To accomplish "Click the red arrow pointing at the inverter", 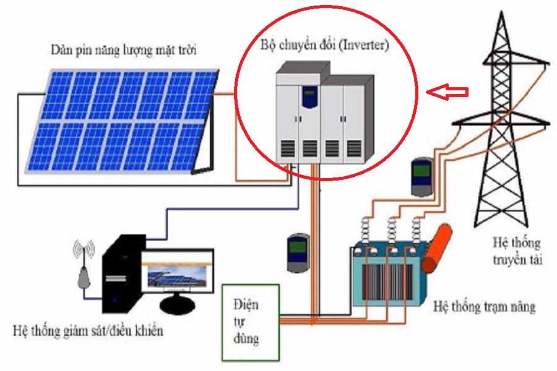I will (449, 92).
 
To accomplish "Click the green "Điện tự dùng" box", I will (250, 322).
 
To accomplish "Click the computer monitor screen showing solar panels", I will (176, 275).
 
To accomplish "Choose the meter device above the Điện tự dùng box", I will (298, 252).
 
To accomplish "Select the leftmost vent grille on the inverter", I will (287, 148).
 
